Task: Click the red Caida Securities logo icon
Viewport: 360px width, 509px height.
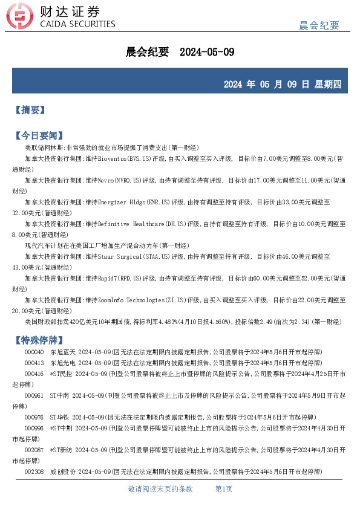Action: tap(24, 18)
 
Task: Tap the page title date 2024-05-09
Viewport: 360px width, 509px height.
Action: tap(207, 52)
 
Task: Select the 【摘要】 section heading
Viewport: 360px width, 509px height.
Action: tap(29, 110)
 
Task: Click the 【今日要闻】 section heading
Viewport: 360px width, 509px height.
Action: tap(38, 135)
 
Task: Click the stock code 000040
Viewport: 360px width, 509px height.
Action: tap(34, 352)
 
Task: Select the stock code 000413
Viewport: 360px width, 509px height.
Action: tap(34, 363)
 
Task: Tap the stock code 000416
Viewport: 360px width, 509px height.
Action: tap(34, 374)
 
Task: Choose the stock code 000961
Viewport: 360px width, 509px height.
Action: tap(34, 395)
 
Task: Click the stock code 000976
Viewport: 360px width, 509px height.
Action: tap(34, 417)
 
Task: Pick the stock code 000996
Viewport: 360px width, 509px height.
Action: tap(34, 428)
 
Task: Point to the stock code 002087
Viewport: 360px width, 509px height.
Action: tap(34, 450)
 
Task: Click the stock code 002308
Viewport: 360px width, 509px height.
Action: tap(34, 472)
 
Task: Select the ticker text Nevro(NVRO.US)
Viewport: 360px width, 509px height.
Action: tap(119, 180)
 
